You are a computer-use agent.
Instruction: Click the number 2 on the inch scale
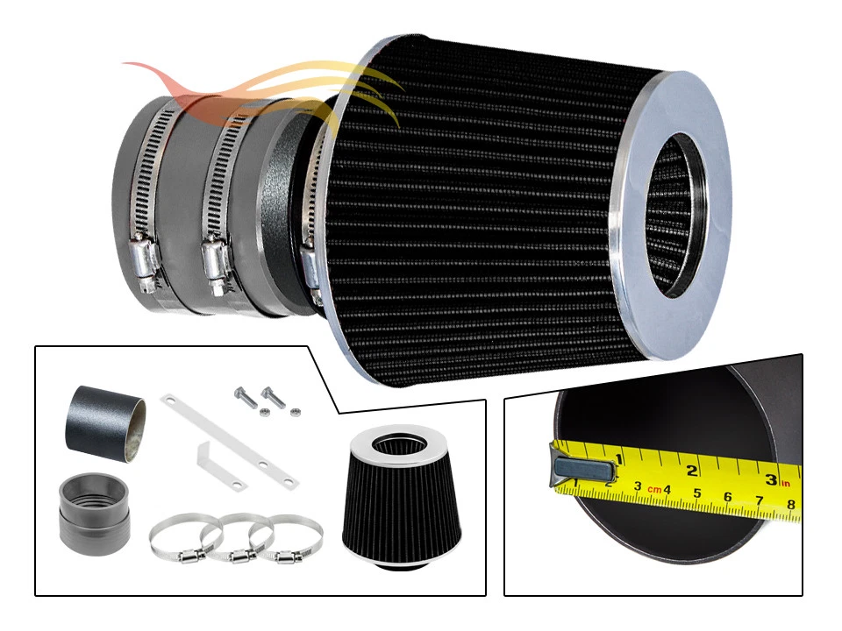[692, 471]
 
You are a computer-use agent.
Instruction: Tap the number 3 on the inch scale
[770, 479]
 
